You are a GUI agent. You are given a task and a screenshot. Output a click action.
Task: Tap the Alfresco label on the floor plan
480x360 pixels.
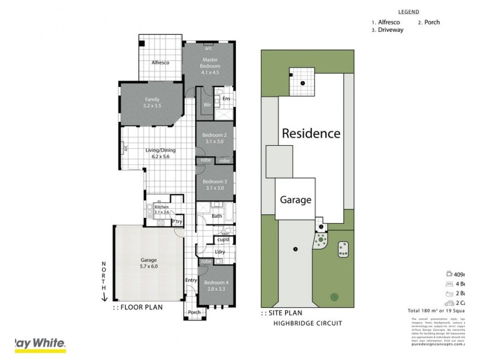pos(160,62)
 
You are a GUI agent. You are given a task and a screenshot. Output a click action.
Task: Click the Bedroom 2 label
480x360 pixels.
pos(214,136)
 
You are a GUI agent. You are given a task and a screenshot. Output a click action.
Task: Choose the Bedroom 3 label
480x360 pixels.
pos(214,181)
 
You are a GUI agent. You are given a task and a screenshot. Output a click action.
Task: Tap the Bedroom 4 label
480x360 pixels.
pos(215,282)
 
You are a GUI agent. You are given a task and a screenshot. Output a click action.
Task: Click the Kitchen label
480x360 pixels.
pos(161,206)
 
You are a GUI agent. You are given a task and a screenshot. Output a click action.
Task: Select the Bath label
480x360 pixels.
pos(217,216)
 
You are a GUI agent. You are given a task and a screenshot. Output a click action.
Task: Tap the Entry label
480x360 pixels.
pos(191,280)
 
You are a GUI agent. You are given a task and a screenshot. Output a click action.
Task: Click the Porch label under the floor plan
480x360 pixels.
pos(194,312)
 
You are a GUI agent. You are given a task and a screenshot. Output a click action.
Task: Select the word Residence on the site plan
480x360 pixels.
pos(311,133)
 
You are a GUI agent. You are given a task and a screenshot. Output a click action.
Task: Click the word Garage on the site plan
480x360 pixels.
pos(296,199)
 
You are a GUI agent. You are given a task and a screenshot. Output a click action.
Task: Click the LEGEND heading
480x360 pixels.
pos(409,11)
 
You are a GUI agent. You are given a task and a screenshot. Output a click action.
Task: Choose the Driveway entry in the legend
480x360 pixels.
pos(391,29)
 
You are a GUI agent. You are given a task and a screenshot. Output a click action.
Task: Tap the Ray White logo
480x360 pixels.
pos(40,344)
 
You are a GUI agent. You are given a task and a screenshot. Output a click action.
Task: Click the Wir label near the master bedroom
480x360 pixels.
pos(206,104)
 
